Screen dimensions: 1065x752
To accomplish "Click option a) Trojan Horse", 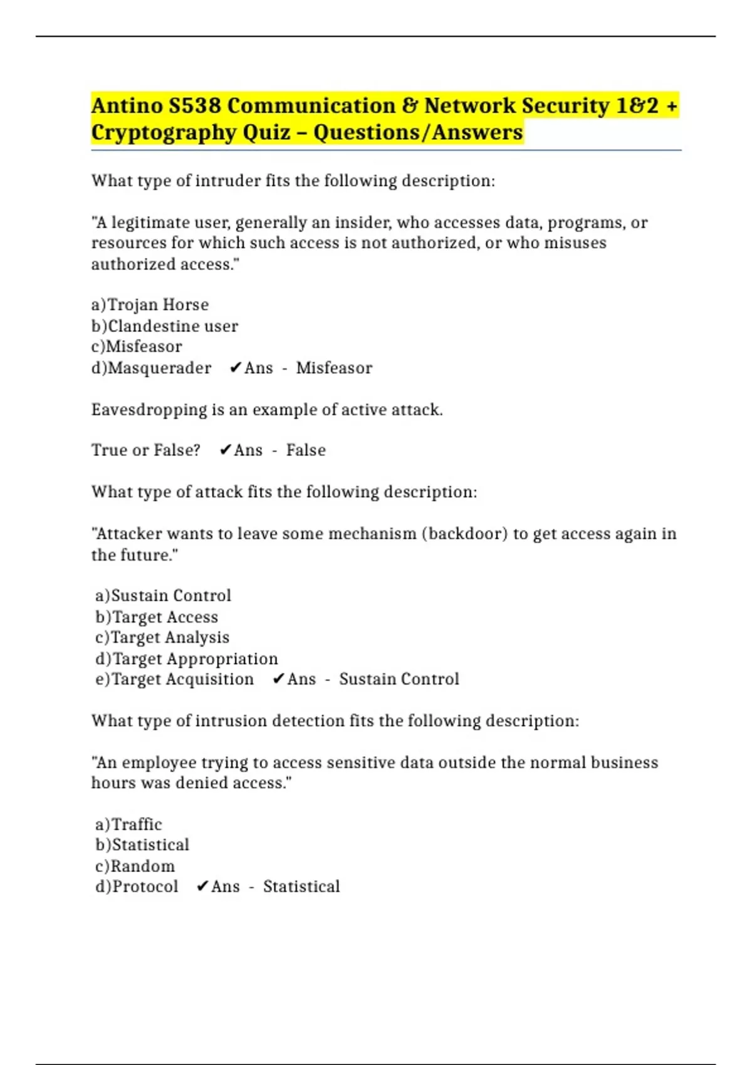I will pyautogui.click(x=150, y=304).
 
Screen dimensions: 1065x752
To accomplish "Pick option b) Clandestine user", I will pyautogui.click(x=165, y=326).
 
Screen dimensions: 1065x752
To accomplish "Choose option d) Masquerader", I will pyautogui.click(x=152, y=368).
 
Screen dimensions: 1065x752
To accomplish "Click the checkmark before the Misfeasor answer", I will pyautogui.click(x=236, y=368).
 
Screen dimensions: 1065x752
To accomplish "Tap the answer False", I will pyautogui.click(x=306, y=450).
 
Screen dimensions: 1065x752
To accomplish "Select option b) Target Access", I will pyautogui.click(x=157, y=617).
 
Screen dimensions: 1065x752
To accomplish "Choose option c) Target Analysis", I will pyautogui.click(x=162, y=637).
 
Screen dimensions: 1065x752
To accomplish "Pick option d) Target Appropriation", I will pyautogui.click(x=186, y=658).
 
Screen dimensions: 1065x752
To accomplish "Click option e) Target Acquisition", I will pyautogui.click(x=174, y=679).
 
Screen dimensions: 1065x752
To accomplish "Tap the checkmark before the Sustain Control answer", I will pyautogui.click(x=279, y=679).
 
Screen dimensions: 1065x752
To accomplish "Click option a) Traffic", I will pyautogui.click(x=128, y=824).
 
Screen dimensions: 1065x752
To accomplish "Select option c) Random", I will pyautogui.click(x=135, y=866).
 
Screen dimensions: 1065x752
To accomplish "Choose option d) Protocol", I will pyautogui.click(x=137, y=886).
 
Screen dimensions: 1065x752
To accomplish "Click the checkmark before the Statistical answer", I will pyautogui.click(x=202, y=886).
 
